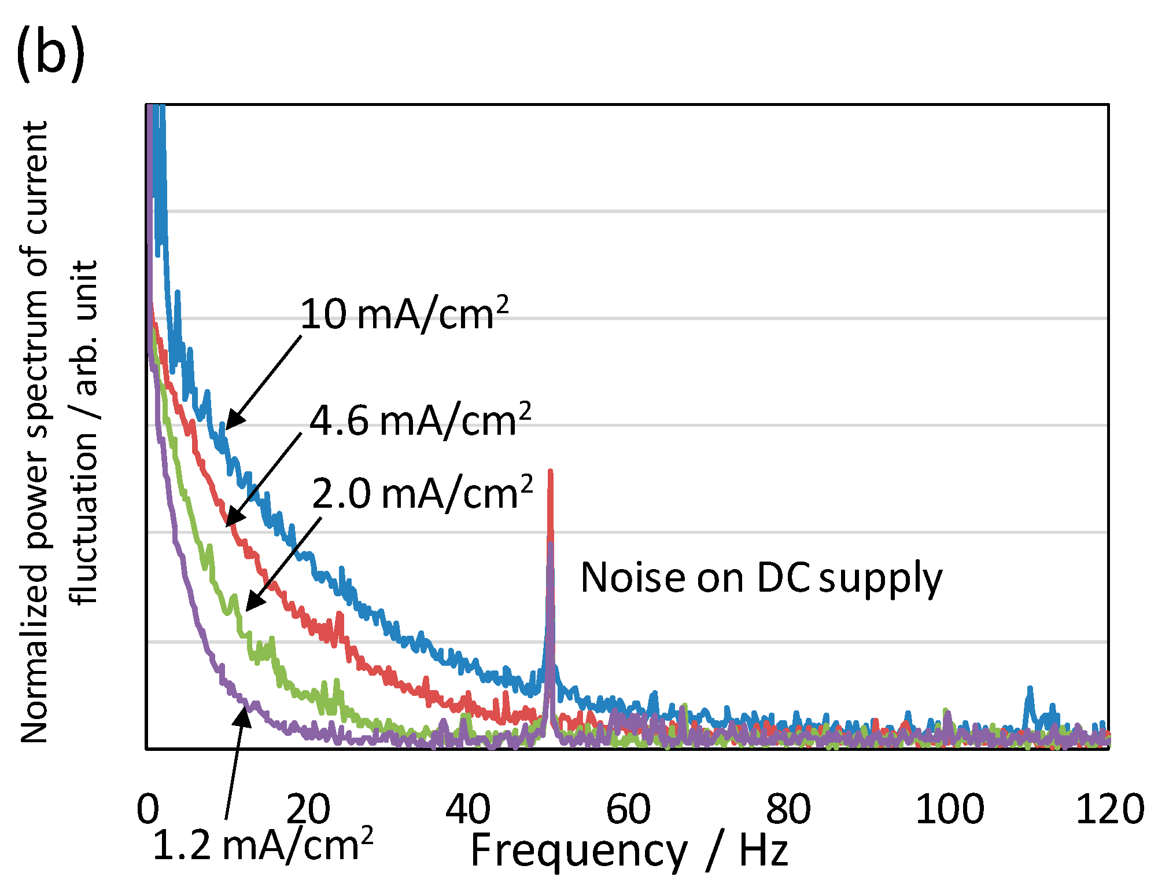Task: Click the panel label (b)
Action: point(51,53)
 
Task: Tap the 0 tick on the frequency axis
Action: point(148,809)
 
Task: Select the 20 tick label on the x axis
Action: point(308,809)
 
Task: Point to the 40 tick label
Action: point(468,809)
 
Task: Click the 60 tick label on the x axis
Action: point(628,809)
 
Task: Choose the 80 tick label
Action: point(788,809)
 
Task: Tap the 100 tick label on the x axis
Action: point(949,809)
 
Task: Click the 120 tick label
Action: point(1109,809)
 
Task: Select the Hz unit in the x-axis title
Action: point(764,851)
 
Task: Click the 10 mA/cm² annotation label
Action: point(404,314)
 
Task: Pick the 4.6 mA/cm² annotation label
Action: point(421,420)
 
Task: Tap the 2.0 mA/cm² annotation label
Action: point(422,493)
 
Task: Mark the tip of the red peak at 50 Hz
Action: point(550,472)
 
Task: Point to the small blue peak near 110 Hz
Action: point(1030,689)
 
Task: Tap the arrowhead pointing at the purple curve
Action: point(245,714)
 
